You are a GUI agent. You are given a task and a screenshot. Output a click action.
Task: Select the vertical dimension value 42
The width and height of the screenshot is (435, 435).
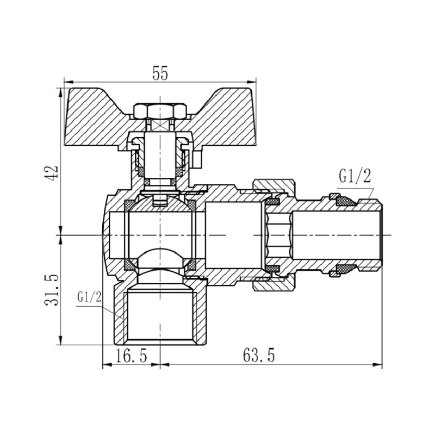tap(52, 172)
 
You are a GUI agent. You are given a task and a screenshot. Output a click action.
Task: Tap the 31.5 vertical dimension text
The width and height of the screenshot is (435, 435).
tap(52, 289)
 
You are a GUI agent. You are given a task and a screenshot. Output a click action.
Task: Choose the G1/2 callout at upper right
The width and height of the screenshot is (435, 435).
tap(355, 176)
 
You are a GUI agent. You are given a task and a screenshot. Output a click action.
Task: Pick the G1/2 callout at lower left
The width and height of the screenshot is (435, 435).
tap(90, 297)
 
